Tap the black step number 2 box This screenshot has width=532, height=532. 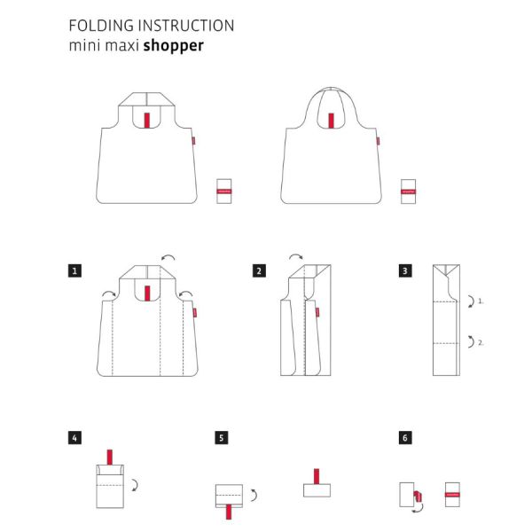pos(259,270)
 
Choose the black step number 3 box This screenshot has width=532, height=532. pos(405,270)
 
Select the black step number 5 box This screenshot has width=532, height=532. pos(221,437)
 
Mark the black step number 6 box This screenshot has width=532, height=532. pos(405,437)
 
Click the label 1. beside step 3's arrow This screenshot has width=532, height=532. pos(480,301)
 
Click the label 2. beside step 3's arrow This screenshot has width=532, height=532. pos(480,341)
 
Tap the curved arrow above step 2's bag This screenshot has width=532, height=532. pos(294,258)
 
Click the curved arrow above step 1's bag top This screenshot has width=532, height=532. pos(167,258)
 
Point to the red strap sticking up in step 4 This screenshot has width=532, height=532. pos(110,457)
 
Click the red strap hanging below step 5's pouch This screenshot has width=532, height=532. pos(229,510)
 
